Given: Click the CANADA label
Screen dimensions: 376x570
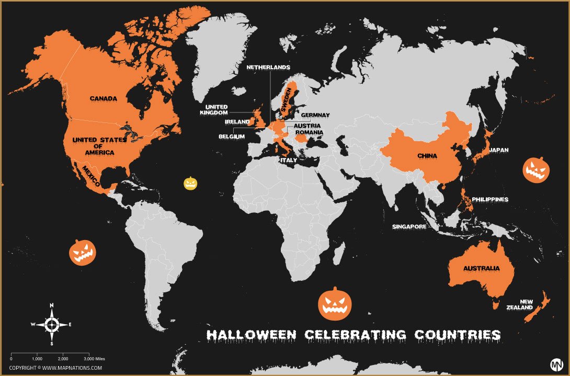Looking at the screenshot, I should click(103, 98).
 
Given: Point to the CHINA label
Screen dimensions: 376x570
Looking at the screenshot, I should click(427, 156).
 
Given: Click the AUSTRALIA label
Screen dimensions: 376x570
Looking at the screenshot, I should click(481, 268).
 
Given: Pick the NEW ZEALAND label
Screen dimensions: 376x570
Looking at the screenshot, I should click(526, 304).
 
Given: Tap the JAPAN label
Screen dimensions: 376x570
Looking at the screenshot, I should click(498, 150).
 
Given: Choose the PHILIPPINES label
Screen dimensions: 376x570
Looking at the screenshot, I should click(490, 199).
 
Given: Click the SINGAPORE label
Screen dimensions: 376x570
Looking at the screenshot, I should click(409, 227).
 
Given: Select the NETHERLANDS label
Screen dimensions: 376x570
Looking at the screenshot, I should click(268, 68).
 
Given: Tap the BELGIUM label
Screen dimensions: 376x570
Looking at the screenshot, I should click(232, 136).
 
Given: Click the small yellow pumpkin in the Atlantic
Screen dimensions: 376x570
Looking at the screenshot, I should click(190, 183).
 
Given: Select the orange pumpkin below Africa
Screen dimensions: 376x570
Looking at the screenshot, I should click(335, 304).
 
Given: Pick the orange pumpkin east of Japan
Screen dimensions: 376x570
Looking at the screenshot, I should click(536, 170).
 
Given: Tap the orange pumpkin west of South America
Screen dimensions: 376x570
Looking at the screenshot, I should click(83, 253).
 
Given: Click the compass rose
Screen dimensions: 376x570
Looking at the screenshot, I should click(52, 324).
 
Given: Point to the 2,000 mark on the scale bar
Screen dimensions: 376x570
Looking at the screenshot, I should click(62, 359).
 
